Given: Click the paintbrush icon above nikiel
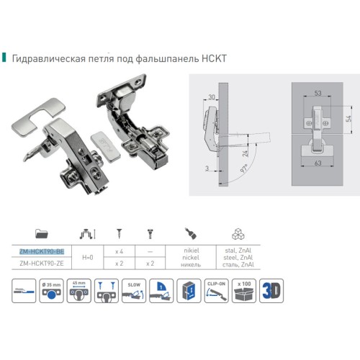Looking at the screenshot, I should click(191, 233).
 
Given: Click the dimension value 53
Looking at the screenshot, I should click(317, 92).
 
